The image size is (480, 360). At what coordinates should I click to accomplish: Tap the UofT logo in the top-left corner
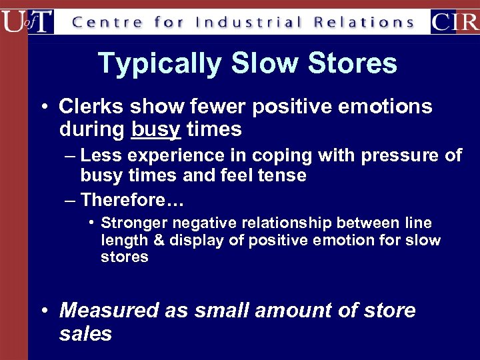click(27, 21)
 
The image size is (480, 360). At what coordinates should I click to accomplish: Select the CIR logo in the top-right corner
click(455, 21)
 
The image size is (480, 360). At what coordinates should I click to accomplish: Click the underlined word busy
click(156, 129)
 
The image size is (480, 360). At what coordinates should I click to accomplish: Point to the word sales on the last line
click(85, 333)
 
